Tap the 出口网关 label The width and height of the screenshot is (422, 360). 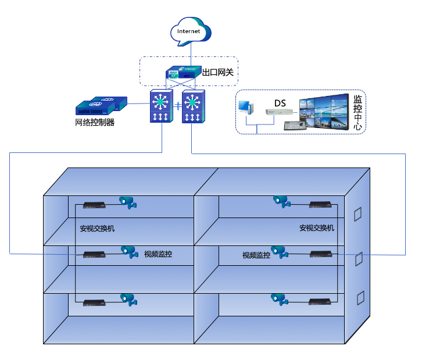[221, 73]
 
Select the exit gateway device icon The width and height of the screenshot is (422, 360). [183, 73]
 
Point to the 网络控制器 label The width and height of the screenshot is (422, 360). [95, 123]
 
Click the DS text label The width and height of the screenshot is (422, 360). [280, 103]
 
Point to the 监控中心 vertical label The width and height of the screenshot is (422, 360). [358, 112]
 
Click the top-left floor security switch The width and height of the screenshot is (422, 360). [94, 205]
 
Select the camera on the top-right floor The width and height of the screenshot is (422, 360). [281, 201]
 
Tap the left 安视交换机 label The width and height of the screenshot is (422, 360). [97, 229]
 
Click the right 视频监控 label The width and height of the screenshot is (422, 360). [256, 255]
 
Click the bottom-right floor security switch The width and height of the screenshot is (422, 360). [320, 301]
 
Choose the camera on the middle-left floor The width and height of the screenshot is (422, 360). [129, 251]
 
